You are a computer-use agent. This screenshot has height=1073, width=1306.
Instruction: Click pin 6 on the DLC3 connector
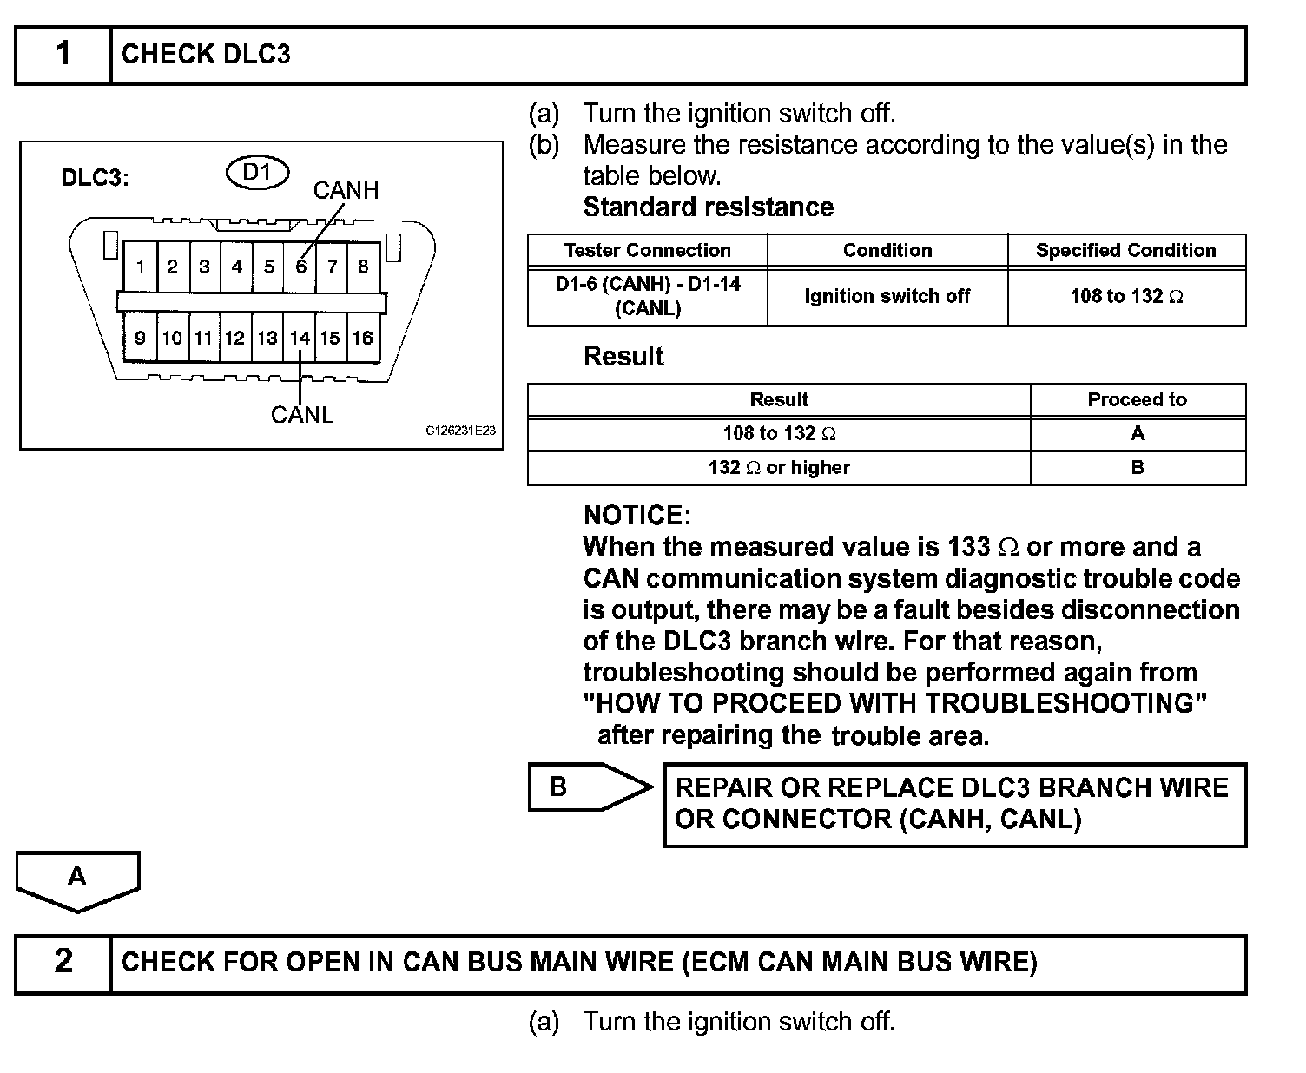pos(300,267)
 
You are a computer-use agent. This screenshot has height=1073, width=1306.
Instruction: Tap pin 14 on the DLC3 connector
pos(300,338)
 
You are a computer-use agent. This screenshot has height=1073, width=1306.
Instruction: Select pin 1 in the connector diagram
pos(141,267)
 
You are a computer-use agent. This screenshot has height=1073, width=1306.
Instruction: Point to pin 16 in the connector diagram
pos(363,338)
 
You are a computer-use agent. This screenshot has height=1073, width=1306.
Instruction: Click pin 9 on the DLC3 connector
pos(141,338)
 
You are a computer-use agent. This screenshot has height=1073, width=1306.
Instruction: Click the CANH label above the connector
pos(346,190)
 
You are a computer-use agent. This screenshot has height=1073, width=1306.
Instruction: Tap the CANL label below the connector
pos(301,415)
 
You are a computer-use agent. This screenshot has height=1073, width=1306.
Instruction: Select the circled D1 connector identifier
pos(257,173)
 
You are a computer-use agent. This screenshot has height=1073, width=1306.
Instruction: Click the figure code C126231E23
pos(460,431)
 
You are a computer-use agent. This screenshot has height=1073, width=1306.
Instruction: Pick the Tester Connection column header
pos(647,251)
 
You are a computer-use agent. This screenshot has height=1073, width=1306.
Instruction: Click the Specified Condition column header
pos(1125,251)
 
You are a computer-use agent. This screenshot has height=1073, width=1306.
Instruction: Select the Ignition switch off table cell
pos(887,297)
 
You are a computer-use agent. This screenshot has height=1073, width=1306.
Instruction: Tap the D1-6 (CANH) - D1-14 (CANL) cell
pos(647,296)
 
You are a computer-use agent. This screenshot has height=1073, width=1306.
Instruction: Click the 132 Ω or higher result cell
pos(778,468)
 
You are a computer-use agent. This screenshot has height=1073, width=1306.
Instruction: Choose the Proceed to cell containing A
pos(1137,434)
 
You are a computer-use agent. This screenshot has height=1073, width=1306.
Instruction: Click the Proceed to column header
pos(1137,400)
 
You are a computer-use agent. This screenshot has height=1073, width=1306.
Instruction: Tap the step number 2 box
pos(63,962)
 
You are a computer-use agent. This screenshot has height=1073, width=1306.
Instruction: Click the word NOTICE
pos(637,516)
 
